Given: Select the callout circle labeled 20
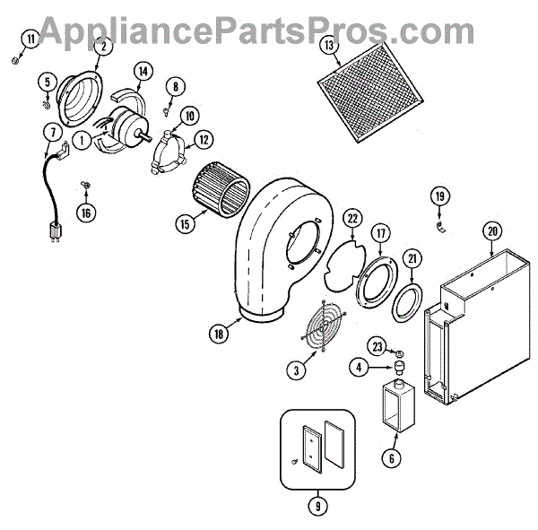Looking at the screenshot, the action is click(491, 230).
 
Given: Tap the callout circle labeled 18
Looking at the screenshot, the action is click(218, 335).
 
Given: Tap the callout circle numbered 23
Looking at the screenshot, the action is click(377, 347).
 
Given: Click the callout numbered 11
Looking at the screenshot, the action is click(33, 39).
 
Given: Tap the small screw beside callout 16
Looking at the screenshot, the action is click(85, 185).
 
